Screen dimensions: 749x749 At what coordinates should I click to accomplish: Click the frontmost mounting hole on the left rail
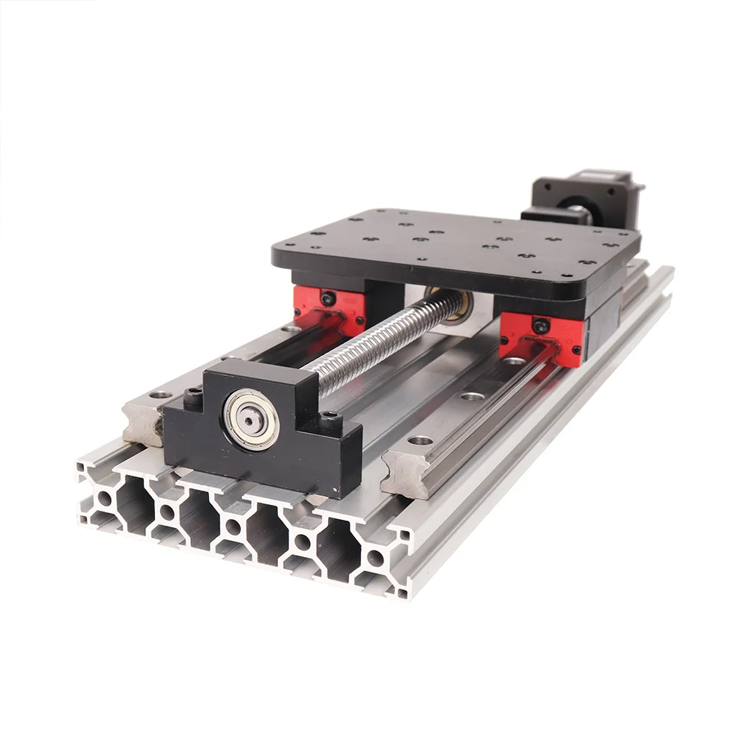[160, 395]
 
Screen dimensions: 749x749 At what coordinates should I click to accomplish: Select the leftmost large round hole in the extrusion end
[106, 497]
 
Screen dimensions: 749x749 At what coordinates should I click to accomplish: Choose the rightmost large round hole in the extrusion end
[374, 558]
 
